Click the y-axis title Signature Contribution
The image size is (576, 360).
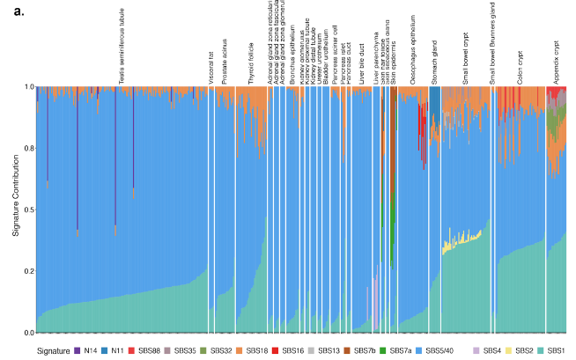(x=16, y=210)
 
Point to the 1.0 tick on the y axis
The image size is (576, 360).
(x=28, y=87)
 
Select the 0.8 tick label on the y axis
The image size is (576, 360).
(x=28, y=149)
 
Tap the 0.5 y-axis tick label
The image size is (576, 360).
(x=28, y=210)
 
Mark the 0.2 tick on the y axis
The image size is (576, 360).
(x=28, y=272)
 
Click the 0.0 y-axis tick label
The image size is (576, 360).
(x=28, y=333)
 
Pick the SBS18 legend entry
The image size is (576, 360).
(x=256, y=350)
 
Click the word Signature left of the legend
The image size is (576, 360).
(x=53, y=350)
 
